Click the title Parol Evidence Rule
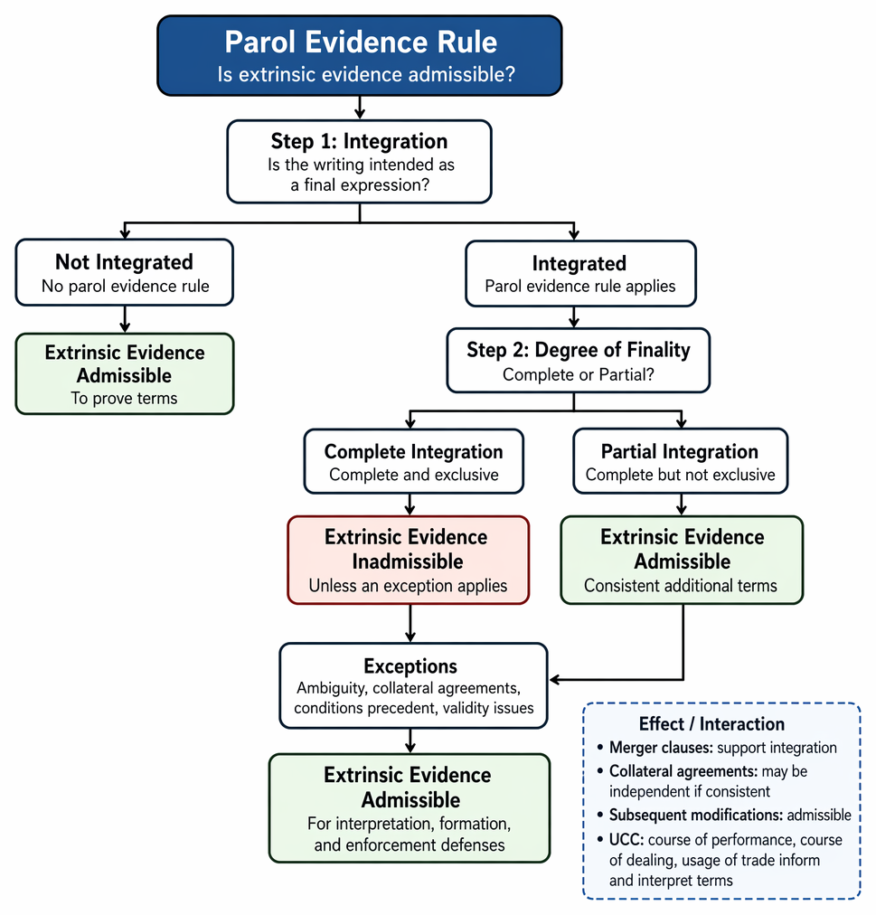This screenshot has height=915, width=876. (361, 42)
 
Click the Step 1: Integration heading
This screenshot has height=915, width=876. (359, 141)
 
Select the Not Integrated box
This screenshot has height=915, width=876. (125, 272)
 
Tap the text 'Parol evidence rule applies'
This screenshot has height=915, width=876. (579, 286)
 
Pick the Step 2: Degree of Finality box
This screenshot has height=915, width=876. (579, 360)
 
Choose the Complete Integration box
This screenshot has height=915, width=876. (414, 461)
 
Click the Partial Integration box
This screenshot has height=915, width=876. (681, 461)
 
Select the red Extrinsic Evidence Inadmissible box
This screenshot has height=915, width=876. (408, 560)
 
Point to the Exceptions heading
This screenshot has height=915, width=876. (410, 665)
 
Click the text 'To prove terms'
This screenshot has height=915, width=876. (125, 398)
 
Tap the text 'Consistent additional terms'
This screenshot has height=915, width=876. (681, 585)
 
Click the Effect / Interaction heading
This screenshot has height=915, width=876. (711, 723)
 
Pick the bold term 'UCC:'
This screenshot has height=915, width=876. (626, 839)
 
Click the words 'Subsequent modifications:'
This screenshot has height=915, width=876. (696, 815)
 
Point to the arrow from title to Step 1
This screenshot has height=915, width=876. (360, 108)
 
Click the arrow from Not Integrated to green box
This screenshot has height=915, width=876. (125, 319)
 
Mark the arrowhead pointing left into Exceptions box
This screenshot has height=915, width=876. (555, 679)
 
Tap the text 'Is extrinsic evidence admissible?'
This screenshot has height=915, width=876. (366, 74)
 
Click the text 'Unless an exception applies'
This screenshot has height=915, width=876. (408, 585)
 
